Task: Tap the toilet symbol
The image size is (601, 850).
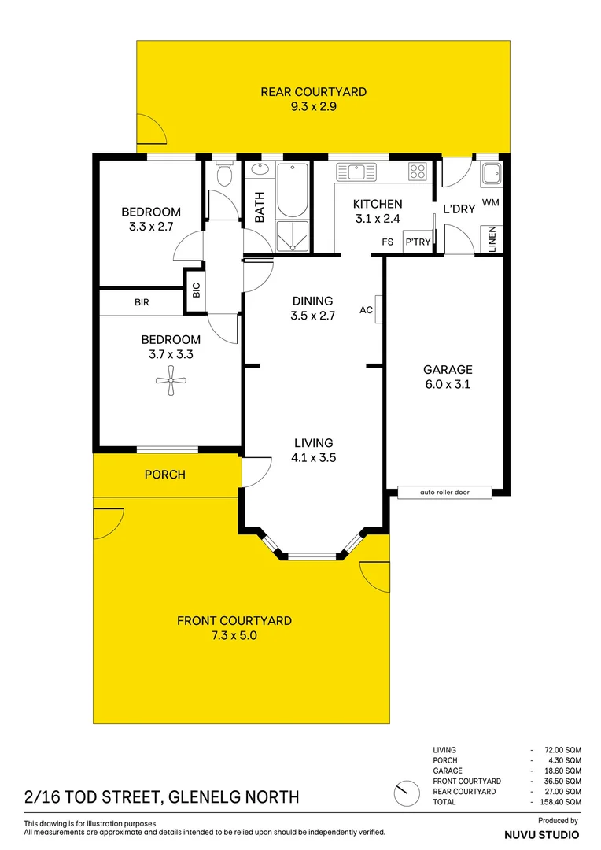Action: click(224, 174)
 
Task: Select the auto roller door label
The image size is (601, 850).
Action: click(444, 493)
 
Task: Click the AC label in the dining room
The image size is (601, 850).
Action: click(366, 310)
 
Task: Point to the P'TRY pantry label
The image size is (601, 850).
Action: click(418, 242)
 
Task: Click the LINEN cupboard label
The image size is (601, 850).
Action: click(492, 239)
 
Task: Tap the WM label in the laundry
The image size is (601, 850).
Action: click(491, 203)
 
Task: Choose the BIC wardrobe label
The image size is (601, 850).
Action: click(196, 290)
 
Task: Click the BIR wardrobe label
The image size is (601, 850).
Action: click(142, 302)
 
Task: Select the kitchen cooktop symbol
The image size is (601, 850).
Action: click(417, 171)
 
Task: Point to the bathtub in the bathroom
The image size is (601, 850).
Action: click(293, 189)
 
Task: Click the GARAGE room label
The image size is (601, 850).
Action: click(448, 369)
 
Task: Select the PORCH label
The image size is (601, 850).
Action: click(165, 475)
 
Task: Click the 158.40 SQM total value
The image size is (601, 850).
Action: click(562, 801)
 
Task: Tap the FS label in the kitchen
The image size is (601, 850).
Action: click(387, 242)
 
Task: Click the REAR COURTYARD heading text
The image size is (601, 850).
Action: click(313, 92)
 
